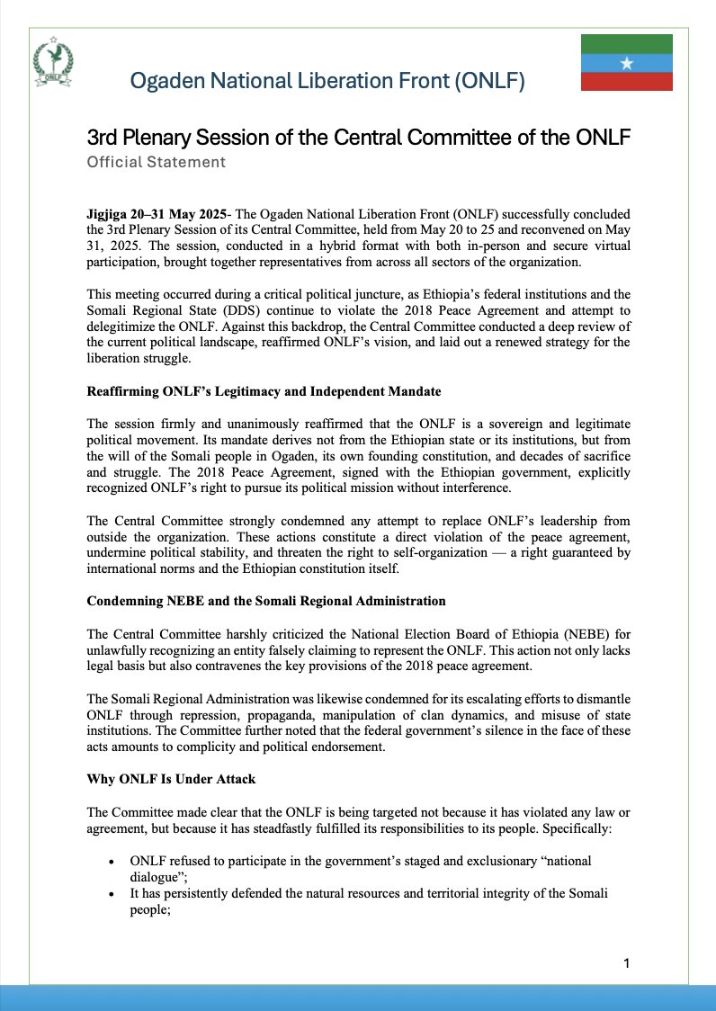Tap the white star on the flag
[x=627, y=63]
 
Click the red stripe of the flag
[x=627, y=82]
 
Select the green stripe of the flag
[x=627, y=44]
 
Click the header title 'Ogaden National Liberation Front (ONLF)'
[x=327, y=82]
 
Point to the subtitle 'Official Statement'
[x=156, y=163]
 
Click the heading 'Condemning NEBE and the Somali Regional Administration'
[x=265, y=600]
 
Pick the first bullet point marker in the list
[x=110, y=862]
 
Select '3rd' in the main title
[x=105, y=139]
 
